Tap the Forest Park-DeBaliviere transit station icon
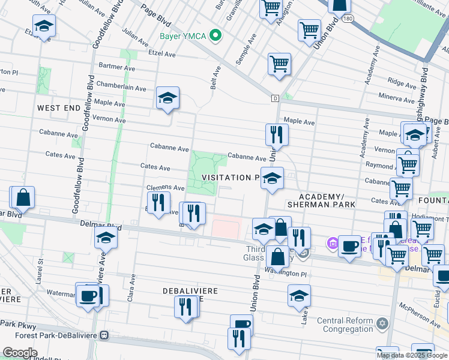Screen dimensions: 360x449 pyautogui.click(x=104, y=335)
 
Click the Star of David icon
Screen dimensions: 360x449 pyautogui.click(x=382, y=325)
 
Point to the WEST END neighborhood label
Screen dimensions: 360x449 pyautogui.click(x=58, y=108)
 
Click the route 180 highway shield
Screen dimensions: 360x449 pyautogui.click(x=348, y=19)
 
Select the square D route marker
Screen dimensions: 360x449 pyautogui.click(x=275, y=98)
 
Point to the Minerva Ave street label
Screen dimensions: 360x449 pyautogui.click(x=397, y=96)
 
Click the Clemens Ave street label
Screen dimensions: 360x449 pyautogui.click(x=166, y=188)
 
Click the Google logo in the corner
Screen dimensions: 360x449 pyautogui.click(x=20, y=352)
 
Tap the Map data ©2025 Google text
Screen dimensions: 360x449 pyautogui.click(x=412, y=355)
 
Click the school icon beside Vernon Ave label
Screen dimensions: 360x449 pyautogui.click(x=167, y=98)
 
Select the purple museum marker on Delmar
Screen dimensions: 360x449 pyautogui.click(x=333, y=244)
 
